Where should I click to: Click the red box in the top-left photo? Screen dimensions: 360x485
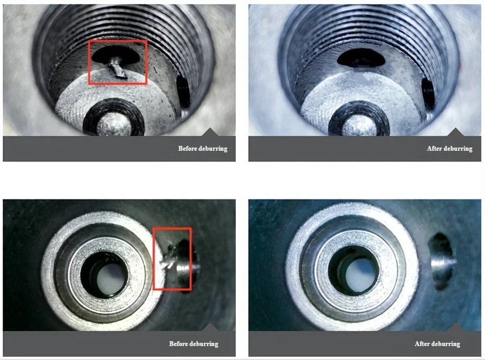click(117, 41)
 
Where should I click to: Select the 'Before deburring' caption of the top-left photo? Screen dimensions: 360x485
click(203, 149)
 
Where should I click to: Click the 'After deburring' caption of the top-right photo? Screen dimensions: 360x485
click(450, 149)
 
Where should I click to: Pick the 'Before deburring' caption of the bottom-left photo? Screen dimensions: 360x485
click(193, 344)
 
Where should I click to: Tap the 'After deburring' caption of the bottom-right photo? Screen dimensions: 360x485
click(437, 344)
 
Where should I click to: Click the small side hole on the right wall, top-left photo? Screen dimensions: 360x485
click(183, 92)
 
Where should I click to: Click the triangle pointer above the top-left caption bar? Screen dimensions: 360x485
click(211, 132)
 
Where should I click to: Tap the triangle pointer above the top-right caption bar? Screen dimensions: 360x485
click(456, 132)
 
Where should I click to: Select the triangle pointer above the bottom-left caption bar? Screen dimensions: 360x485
click(211, 327)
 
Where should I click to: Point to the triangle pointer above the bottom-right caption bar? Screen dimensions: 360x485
click(456, 327)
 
